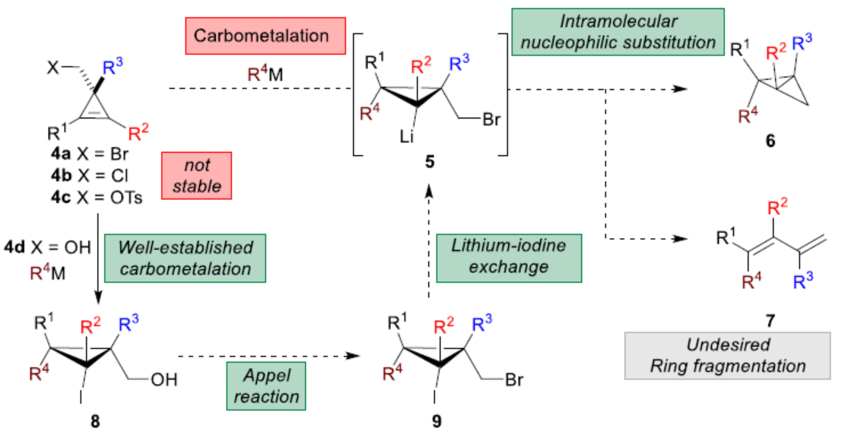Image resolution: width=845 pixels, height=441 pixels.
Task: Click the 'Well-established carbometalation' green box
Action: (187, 259)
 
